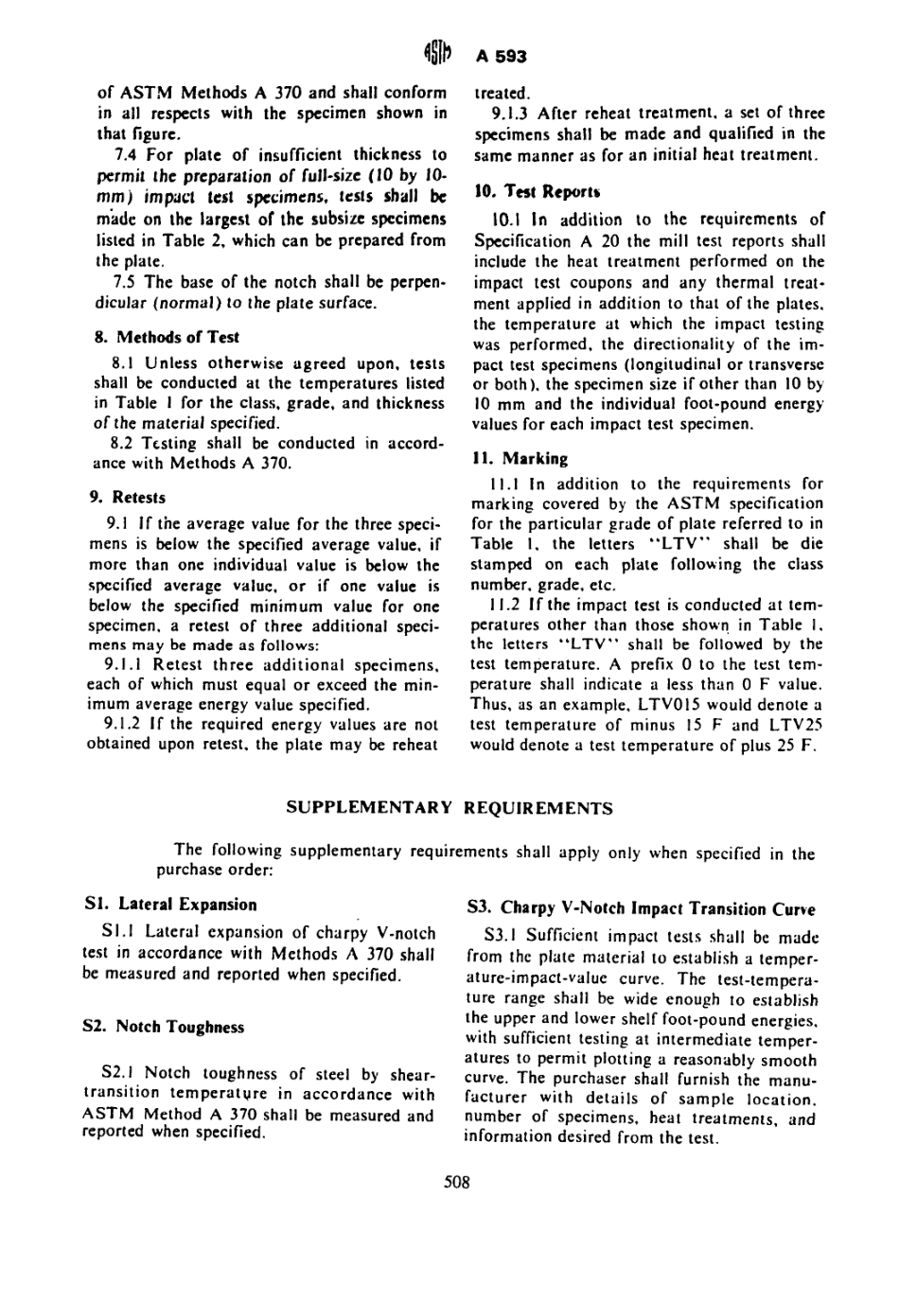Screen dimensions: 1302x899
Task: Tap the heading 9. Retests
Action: click(x=138, y=497)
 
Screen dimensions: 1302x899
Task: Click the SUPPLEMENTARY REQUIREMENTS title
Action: click(x=449, y=808)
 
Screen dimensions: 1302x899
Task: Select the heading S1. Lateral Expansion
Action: click(x=170, y=905)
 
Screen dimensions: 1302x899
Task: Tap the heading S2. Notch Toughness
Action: click(x=164, y=1028)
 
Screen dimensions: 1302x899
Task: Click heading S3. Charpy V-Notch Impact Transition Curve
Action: click(x=642, y=909)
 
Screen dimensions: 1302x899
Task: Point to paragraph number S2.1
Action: click(x=118, y=1074)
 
